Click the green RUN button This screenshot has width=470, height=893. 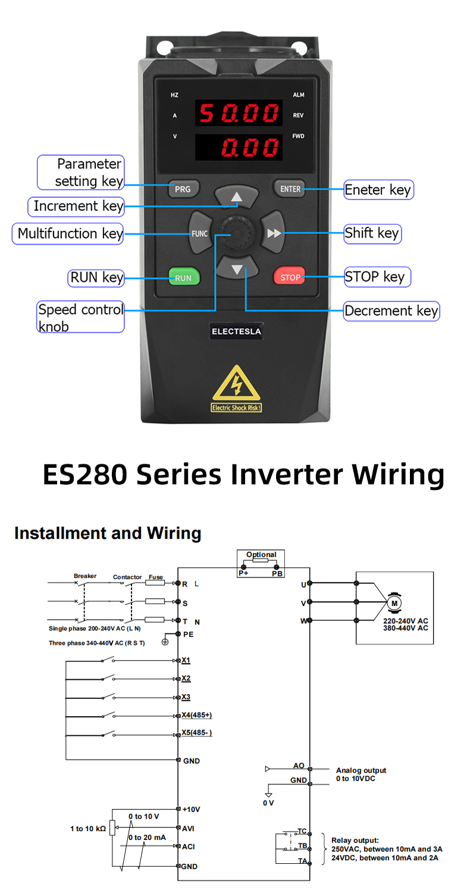click(x=183, y=277)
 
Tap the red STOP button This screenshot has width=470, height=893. click(x=290, y=277)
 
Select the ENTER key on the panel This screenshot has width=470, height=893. click(x=290, y=189)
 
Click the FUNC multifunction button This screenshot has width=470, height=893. click(x=199, y=233)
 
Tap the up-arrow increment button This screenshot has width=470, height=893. click(x=237, y=196)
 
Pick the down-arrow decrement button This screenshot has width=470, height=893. click(x=237, y=269)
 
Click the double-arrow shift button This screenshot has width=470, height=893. click(x=274, y=233)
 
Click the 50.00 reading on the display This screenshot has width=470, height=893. click(x=238, y=113)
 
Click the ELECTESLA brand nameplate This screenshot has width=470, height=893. click(x=237, y=331)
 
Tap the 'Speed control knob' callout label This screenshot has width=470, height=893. click(x=80, y=317)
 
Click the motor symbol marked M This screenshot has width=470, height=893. click(x=394, y=603)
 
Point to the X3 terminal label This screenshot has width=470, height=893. click(x=186, y=697)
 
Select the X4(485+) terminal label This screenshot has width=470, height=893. click(x=196, y=715)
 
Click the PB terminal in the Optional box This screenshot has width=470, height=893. click(x=277, y=573)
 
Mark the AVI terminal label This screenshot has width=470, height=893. click(x=188, y=828)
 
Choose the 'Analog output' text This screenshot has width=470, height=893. click(x=361, y=770)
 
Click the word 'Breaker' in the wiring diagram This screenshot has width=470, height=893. click(x=85, y=576)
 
